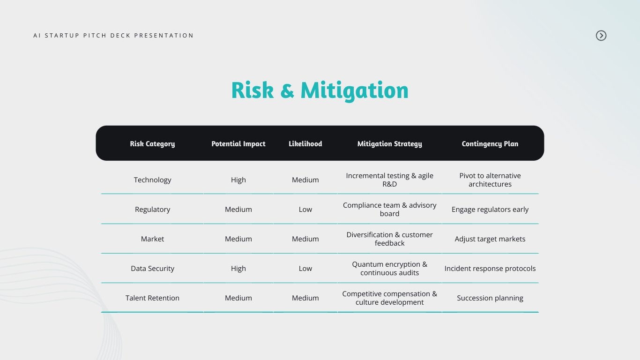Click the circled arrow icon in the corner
(601, 36)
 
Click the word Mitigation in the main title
(354, 90)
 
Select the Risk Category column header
(152, 144)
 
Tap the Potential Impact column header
(238, 144)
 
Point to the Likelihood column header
(305, 143)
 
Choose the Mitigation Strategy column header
(389, 144)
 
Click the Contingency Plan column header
(490, 144)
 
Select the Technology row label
(152, 180)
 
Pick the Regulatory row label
(152, 210)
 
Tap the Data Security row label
(152, 269)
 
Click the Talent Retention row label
(152, 298)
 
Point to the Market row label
(152, 239)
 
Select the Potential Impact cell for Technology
(238, 180)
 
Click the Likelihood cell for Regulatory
(305, 210)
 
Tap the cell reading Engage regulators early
(490, 210)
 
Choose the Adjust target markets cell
(490, 239)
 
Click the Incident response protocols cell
(490, 269)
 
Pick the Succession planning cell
(490, 298)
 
